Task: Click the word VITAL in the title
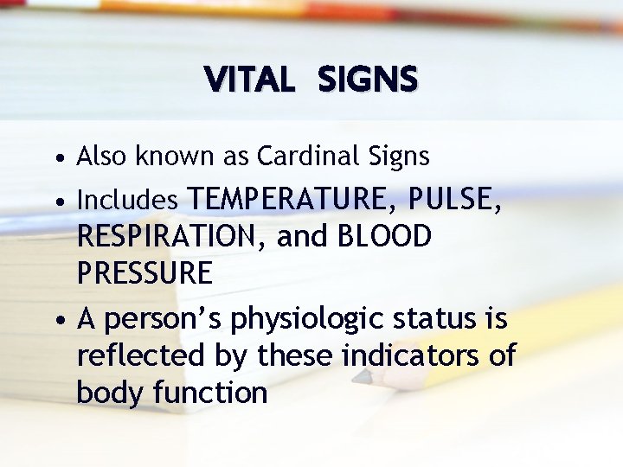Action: tap(250, 80)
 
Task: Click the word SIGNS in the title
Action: tap(368, 80)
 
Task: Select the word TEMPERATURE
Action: tap(286, 199)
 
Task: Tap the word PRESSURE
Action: tap(145, 273)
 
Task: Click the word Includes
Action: tap(127, 201)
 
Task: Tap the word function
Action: tap(210, 393)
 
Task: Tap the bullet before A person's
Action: tap(57, 321)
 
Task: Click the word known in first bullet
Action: tap(158, 157)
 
